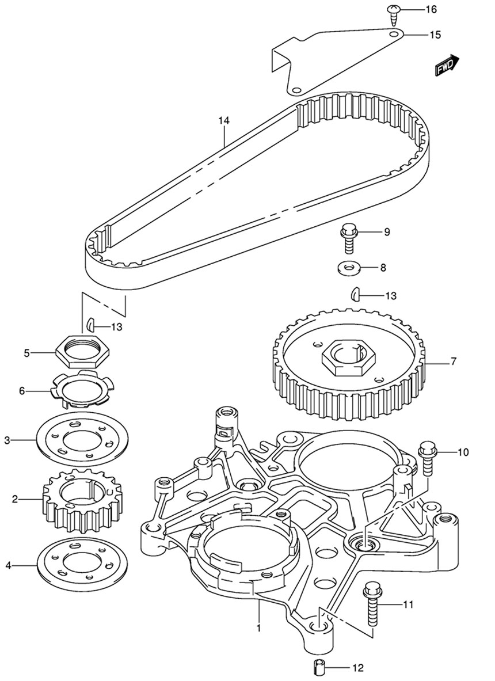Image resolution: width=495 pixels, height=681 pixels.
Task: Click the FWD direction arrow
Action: [x=445, y=65]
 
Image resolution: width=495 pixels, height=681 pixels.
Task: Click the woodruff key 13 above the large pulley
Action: [x=355, y=295]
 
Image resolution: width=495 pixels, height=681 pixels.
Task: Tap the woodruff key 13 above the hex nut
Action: [x=91, y=325]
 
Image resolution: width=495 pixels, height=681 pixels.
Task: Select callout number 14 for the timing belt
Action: [x=223, y=120]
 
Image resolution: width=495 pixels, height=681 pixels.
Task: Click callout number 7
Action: [x=454, y=362]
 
